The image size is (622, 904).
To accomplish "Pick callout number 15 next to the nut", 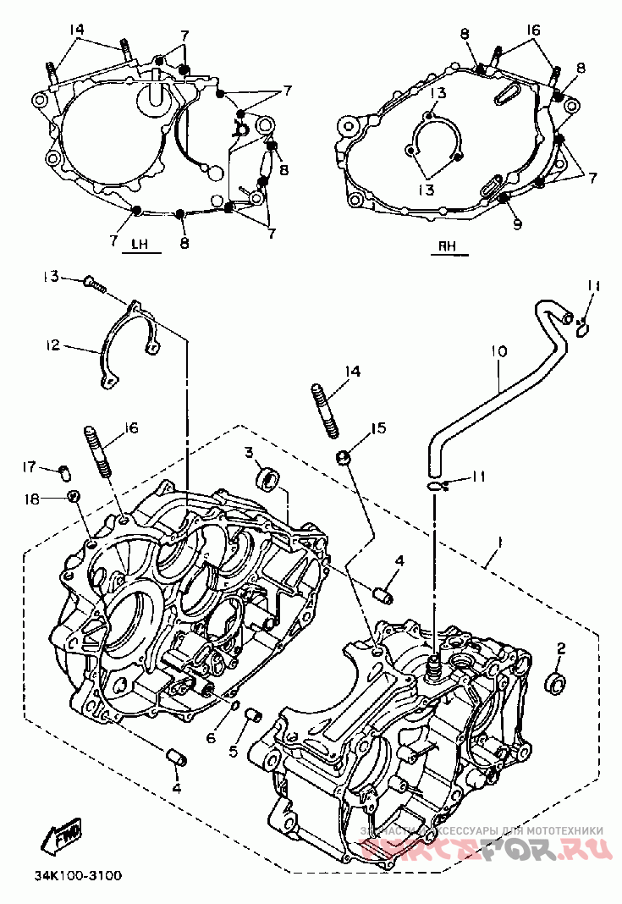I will coord(377,428).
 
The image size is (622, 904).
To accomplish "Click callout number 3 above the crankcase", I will coord(250,453).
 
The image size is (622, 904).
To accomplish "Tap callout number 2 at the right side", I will coord(559,649).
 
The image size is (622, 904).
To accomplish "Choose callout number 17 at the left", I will coord(30,466).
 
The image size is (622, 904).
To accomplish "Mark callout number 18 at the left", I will coord(32,500).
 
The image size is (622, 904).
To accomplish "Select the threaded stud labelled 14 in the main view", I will coord(325,410).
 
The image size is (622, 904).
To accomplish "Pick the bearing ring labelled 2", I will coord(556,681).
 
